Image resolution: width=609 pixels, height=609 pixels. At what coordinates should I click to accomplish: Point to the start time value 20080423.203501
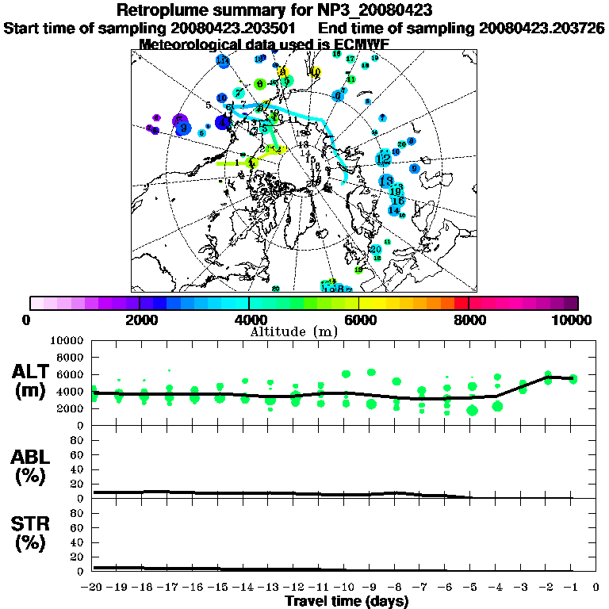point(239,28)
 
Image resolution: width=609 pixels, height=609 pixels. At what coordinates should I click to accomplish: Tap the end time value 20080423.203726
point(542,28)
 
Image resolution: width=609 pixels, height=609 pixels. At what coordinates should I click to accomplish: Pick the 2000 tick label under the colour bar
point(140,320)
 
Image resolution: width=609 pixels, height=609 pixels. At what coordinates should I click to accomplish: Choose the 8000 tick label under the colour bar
point(469,320)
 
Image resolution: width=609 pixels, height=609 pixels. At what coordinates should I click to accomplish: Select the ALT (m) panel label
point(32,381)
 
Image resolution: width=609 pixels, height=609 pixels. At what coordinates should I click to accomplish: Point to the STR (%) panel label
point(32,534)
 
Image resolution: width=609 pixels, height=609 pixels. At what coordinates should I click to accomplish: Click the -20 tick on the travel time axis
point(92,588)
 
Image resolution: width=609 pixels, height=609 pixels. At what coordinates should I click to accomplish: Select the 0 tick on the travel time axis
point(596,588)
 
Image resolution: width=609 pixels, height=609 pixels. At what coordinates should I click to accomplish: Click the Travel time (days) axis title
point(347,602)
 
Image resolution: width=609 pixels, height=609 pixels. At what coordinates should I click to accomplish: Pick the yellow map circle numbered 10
point(316,72)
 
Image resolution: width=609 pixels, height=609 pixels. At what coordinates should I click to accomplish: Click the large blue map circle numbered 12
point(384,159)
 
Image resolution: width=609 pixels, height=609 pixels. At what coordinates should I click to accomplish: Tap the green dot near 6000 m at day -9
point(371,372)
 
